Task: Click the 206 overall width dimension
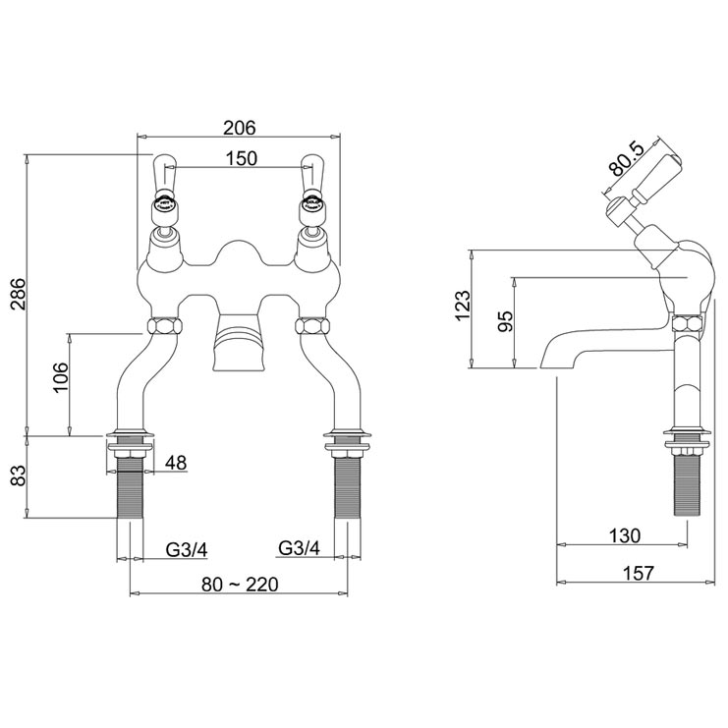click(239, 128)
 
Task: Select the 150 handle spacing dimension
click(240, 158)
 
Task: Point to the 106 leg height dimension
click(59, 377)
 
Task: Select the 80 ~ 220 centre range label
click(240, 584)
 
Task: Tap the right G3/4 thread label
click(301, 547)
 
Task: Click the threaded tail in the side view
click(687, 481)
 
